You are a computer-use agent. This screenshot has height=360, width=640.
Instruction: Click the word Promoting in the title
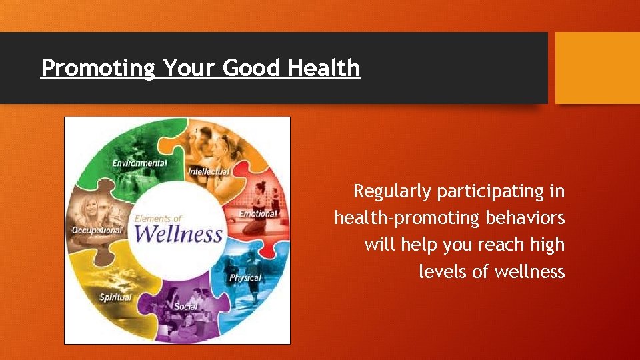pos(98,68)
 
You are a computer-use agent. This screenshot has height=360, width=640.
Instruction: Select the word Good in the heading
pos(252,67)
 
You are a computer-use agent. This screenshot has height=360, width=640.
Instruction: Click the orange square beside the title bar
pos(597,67)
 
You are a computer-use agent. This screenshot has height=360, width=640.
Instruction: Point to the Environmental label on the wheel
pos(139,163)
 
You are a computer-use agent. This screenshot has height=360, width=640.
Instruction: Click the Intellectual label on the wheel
pos(209,172)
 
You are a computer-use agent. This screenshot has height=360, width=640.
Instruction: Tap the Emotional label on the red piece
pos(258,214)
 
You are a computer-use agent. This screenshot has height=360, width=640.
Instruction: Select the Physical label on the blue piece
pos(245,277)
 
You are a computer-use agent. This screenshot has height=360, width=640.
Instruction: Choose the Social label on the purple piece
pos(186,307)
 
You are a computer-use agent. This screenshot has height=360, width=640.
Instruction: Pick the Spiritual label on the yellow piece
pos(115,297)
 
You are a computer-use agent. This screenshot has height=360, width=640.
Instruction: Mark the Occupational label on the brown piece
pos(97,231)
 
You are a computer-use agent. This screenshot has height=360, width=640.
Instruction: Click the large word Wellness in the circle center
pos(178,235)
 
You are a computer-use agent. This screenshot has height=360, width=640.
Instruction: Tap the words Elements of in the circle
pos(158,219)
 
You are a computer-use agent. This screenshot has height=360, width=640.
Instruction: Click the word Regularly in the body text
pos(393,192)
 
